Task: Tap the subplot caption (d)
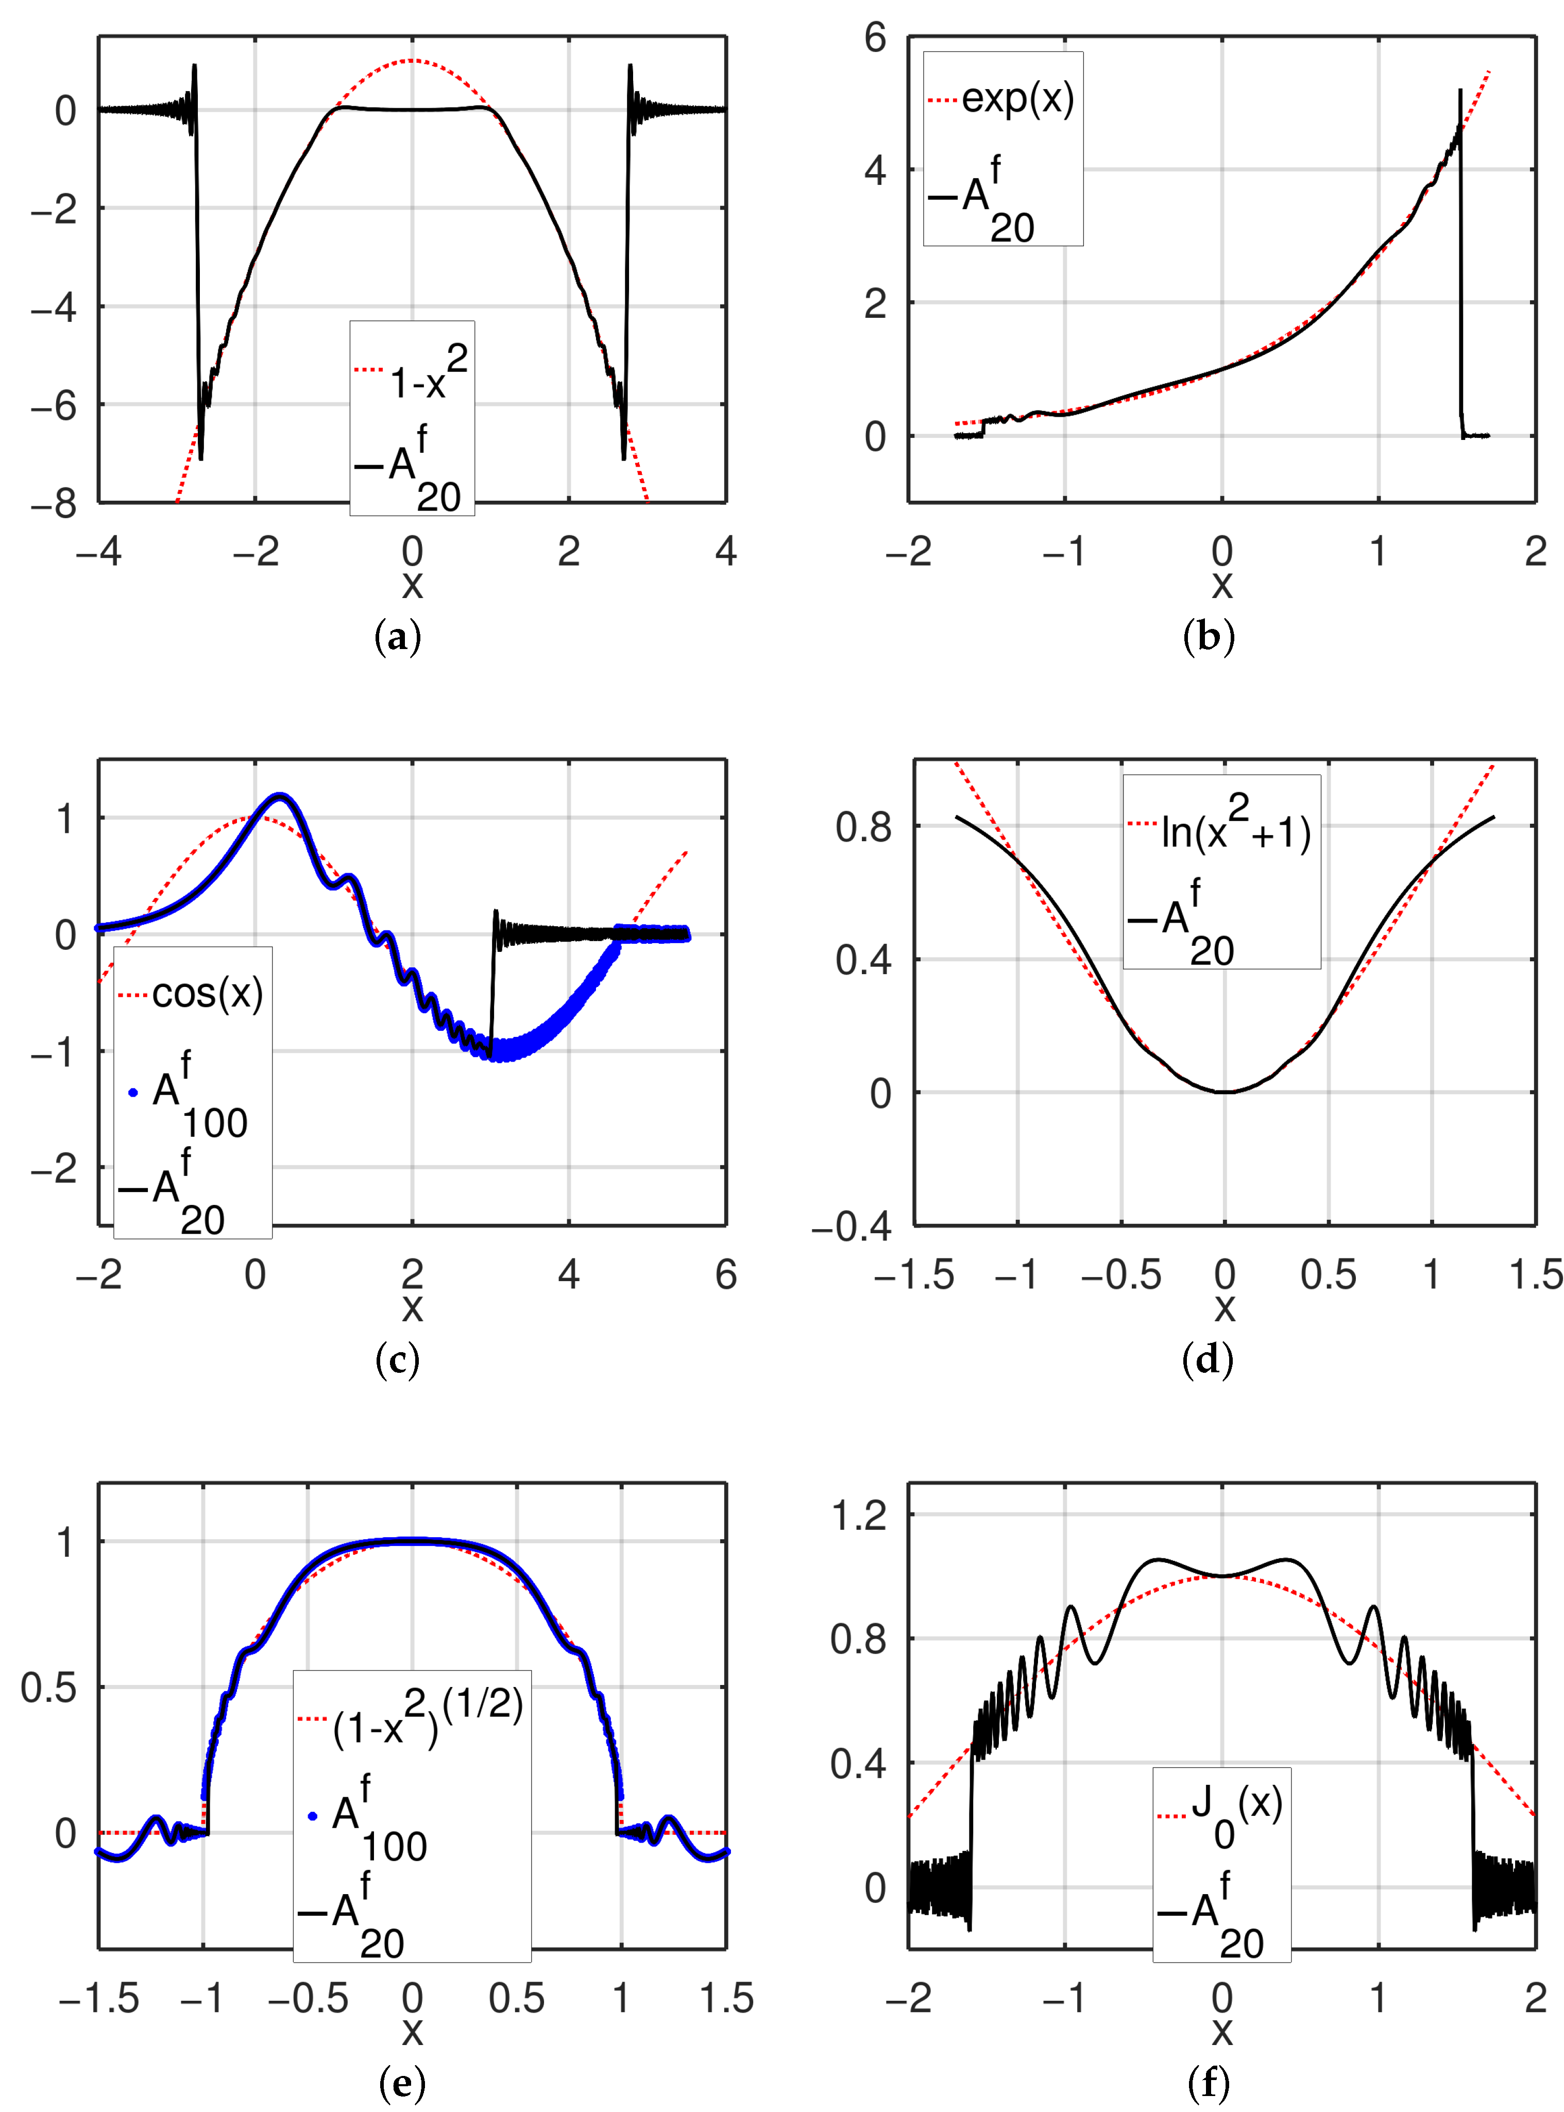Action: tap(1208, 1360)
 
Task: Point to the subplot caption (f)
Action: tap(1208, 2083)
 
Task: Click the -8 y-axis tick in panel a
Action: tap(54, 504)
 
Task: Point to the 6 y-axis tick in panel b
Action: tap(875, 38)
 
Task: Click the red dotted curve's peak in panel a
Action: tap(412, 61)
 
